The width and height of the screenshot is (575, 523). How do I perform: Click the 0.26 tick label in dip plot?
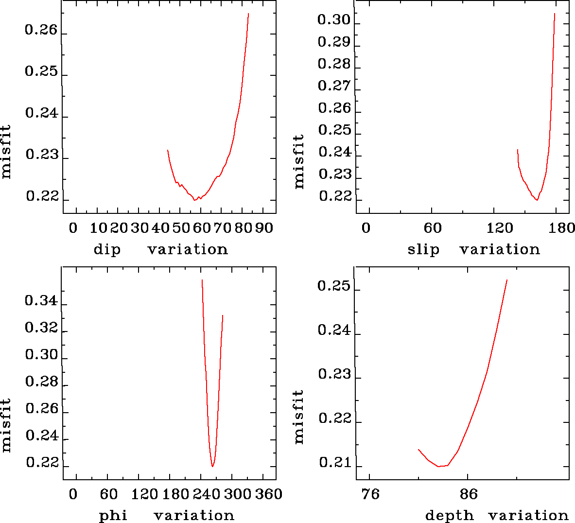tap(41, 31)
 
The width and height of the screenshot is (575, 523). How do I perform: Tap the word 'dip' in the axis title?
tap(107, 250)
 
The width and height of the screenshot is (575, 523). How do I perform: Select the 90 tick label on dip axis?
tap(264, 228)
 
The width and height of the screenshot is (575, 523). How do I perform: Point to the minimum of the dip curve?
tap(194, 200)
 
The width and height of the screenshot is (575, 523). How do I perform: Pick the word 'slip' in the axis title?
tap(423, 250)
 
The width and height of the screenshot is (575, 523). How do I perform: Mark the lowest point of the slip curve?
tap(537, 200)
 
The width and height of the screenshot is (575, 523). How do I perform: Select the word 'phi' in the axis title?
tap(113, 515)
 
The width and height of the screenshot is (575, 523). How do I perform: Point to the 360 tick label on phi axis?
tap(269, 494)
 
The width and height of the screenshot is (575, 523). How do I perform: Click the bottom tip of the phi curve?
tap(212, 467)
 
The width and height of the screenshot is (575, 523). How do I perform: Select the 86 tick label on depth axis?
tap(469, 494)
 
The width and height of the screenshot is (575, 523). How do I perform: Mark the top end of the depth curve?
tap(507, 280)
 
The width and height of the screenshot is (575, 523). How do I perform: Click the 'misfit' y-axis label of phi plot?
tap(6, 425)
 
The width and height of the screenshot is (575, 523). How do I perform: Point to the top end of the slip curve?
tap(555, 14)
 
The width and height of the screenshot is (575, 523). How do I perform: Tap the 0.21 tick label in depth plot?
tap(334, 463)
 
